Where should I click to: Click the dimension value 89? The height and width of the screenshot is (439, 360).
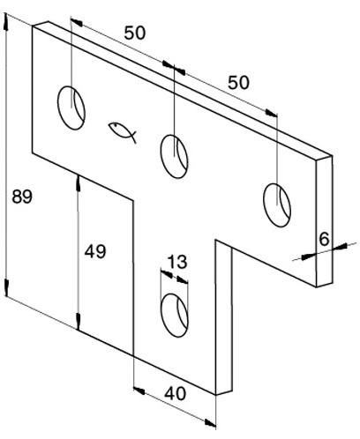(x=22, y=197)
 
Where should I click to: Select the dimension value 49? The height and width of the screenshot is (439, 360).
(x=95, y=252)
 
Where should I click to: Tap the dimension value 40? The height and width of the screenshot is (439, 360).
(x=175, y=393)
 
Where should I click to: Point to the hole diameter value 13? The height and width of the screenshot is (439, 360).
(x=177, y=262)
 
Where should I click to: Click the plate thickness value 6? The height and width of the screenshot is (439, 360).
(x=324, y=239)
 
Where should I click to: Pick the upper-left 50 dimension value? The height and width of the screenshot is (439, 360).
(x=135, y=33)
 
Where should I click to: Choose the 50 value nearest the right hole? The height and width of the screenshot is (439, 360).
(x=238, y=83)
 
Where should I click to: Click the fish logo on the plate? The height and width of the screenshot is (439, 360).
(x=123, y=132)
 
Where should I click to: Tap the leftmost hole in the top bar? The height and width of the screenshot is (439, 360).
(x=71, y=108)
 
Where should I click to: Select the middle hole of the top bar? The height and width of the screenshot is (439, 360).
(x=174, y=156)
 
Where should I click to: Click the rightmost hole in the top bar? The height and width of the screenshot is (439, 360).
(x=277, y=205)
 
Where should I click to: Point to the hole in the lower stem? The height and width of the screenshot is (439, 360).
(x=175, y=316)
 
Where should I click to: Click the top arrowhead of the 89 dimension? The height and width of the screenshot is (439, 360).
(x=5, y=22)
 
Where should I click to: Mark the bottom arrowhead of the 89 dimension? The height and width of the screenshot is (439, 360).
(x=6, y=287)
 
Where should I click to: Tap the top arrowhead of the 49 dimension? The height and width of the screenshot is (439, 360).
(x=78, y=182)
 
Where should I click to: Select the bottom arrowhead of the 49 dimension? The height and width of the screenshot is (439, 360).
(x=78, y=322)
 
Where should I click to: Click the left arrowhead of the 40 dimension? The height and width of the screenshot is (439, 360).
(x=139, y=391)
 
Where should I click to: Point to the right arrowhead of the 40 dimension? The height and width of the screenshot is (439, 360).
(x=210, y=423)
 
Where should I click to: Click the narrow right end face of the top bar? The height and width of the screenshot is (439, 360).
(x=324, y=221)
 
